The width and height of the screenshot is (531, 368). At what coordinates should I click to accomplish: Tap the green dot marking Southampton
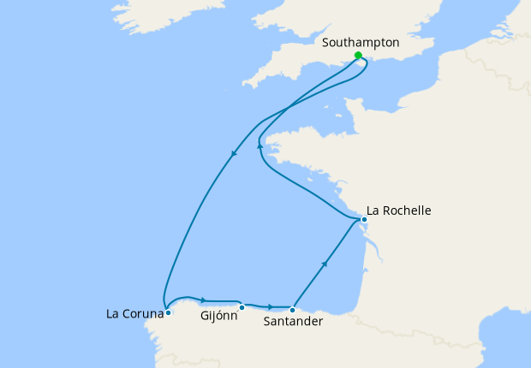[x=358, y=56]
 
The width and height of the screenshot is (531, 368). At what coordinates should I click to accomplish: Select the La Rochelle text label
[x=398, y=210]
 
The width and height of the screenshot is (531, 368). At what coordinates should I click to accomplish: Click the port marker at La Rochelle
[x=364, y=219]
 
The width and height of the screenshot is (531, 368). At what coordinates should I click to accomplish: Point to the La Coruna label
[x=134, y=313]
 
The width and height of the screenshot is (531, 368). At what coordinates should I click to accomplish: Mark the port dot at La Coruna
[x=168, y=312]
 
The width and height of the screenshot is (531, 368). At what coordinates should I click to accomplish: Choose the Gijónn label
[x=218, y=316]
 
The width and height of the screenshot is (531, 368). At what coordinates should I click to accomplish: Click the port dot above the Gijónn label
[x=242, y=307]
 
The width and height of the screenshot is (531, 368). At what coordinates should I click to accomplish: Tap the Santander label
[x=293, y=322]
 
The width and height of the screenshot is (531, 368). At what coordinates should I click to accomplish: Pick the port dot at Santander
[x=292, y=310]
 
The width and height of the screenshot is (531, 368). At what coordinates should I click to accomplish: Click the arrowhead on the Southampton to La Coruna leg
[x=233, y=154]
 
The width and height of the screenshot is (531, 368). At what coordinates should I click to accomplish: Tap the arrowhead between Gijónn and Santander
[x=271, y=306]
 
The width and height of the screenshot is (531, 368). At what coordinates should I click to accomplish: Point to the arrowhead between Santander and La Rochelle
[x=325, y=264]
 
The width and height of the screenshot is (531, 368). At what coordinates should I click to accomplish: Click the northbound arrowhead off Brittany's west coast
[x=260, y=146]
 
